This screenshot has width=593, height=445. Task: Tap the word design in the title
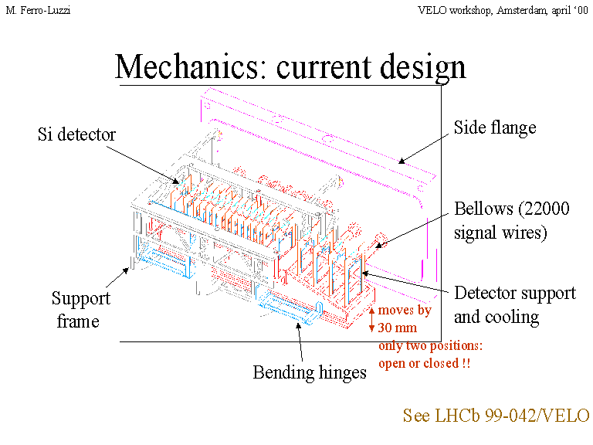tap(425, 67)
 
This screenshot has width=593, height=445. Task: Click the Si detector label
tap(76, 134)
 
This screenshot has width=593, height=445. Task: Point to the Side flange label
tap(494, 127)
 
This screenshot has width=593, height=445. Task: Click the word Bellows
tap(479, 209)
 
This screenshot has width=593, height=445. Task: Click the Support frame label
tap(80, 309)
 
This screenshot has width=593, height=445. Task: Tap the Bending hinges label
tap(309, 372)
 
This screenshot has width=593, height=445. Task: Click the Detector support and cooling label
tap(514, 305)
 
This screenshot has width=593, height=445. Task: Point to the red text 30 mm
tap(398, 328)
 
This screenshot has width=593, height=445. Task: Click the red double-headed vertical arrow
tap(371, 319)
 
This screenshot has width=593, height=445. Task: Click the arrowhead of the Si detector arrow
tap(181, 185)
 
